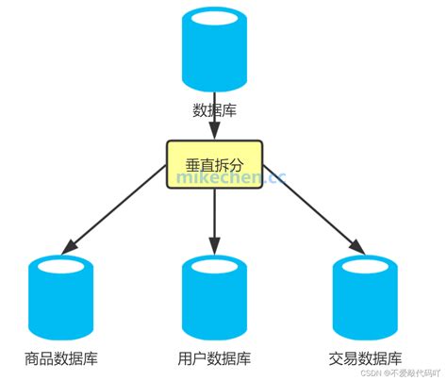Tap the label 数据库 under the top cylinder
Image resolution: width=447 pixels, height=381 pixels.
[214, 110]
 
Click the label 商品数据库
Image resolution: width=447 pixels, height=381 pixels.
[61, 359]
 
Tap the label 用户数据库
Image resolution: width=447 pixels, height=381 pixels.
[215, 359]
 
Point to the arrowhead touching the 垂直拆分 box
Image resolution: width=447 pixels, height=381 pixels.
[215, 134]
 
